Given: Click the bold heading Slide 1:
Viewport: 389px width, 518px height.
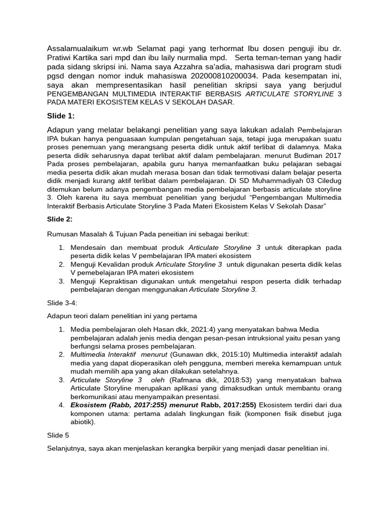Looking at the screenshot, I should pyautogui.click(x=60, y=116).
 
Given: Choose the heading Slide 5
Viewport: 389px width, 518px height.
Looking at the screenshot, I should pyautogui.click(x=58, y=435).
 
